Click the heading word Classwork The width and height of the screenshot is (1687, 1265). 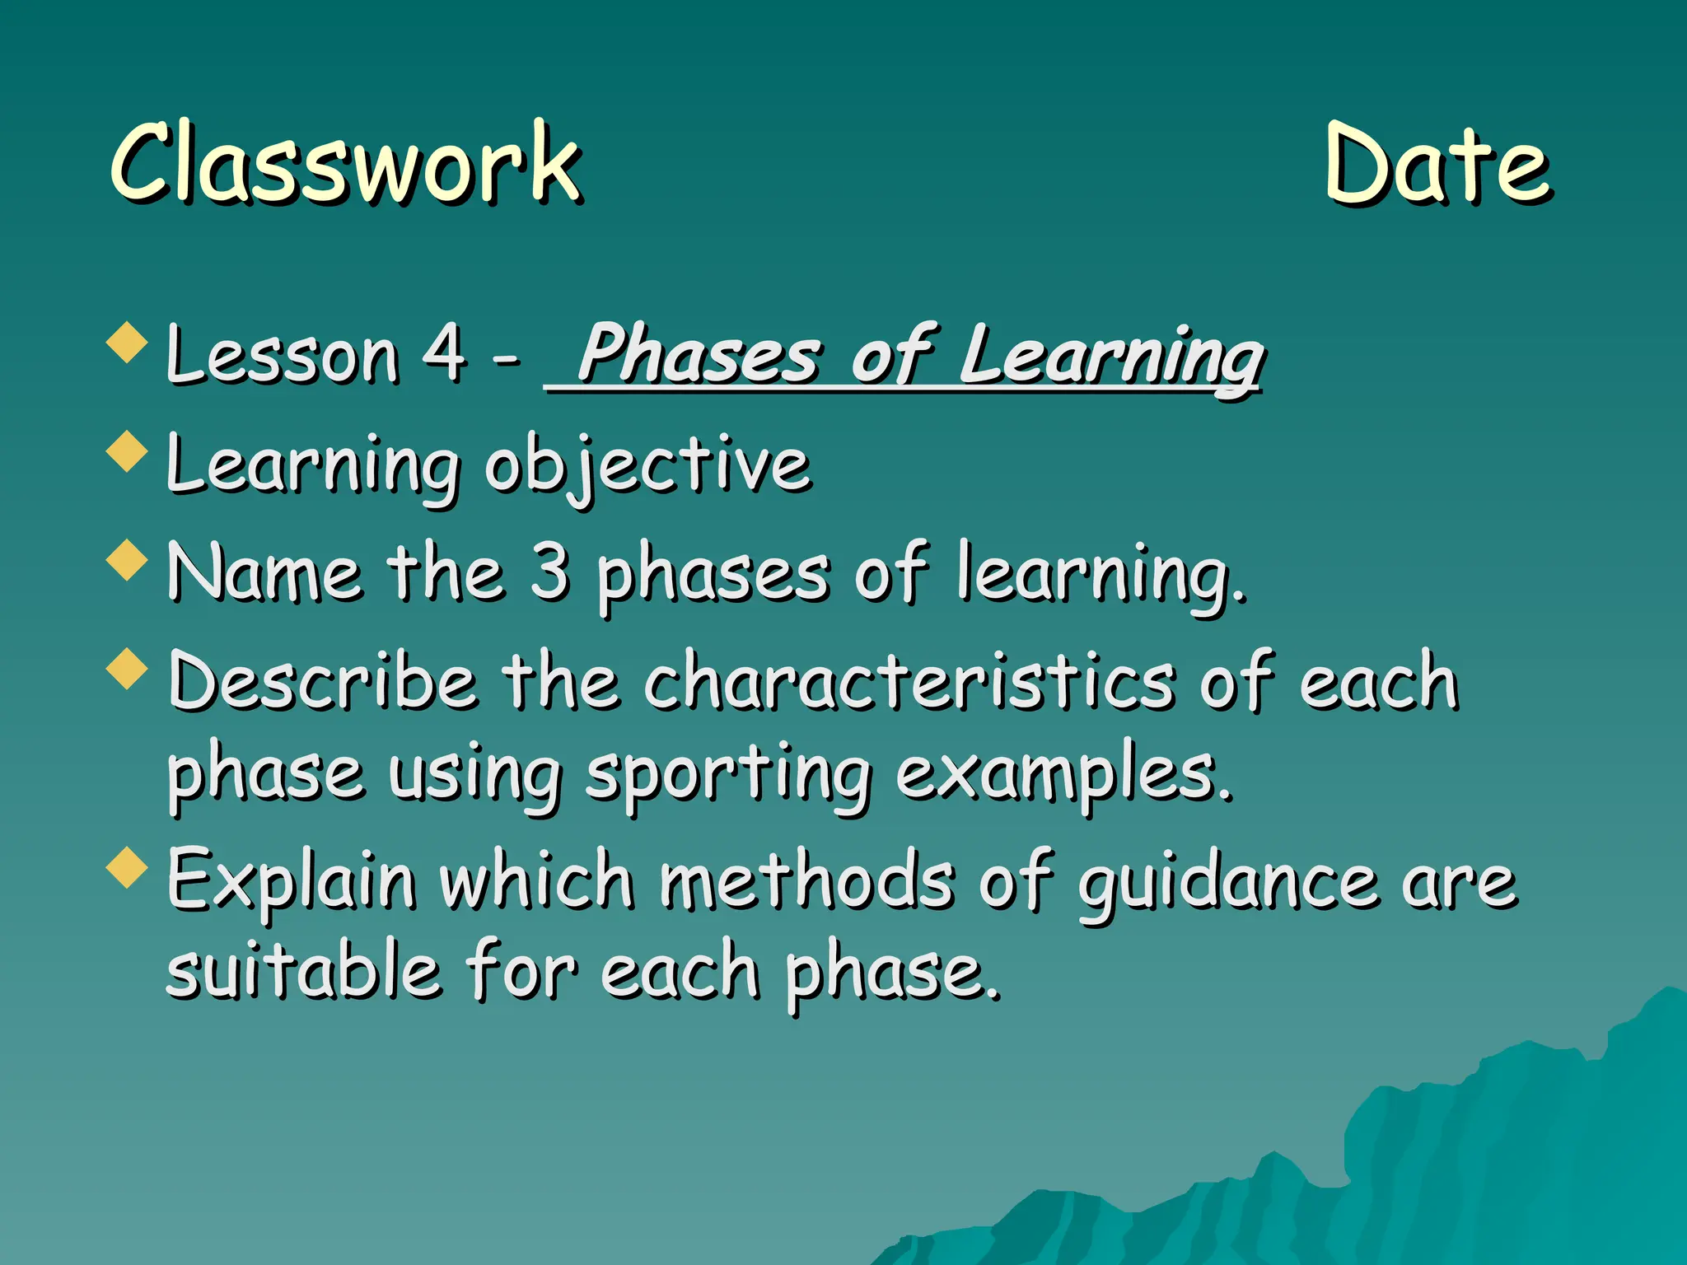coord(346,163)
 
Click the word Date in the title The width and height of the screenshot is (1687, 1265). coord(1437,165)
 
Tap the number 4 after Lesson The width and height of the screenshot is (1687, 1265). coord(444,354)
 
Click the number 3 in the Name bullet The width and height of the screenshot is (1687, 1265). coord(549,572)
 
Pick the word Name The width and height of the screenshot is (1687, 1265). coord(264,573)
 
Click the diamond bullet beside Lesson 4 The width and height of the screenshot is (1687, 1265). coord(128,343)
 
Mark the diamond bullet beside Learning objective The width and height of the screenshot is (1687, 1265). coord(128,451)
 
